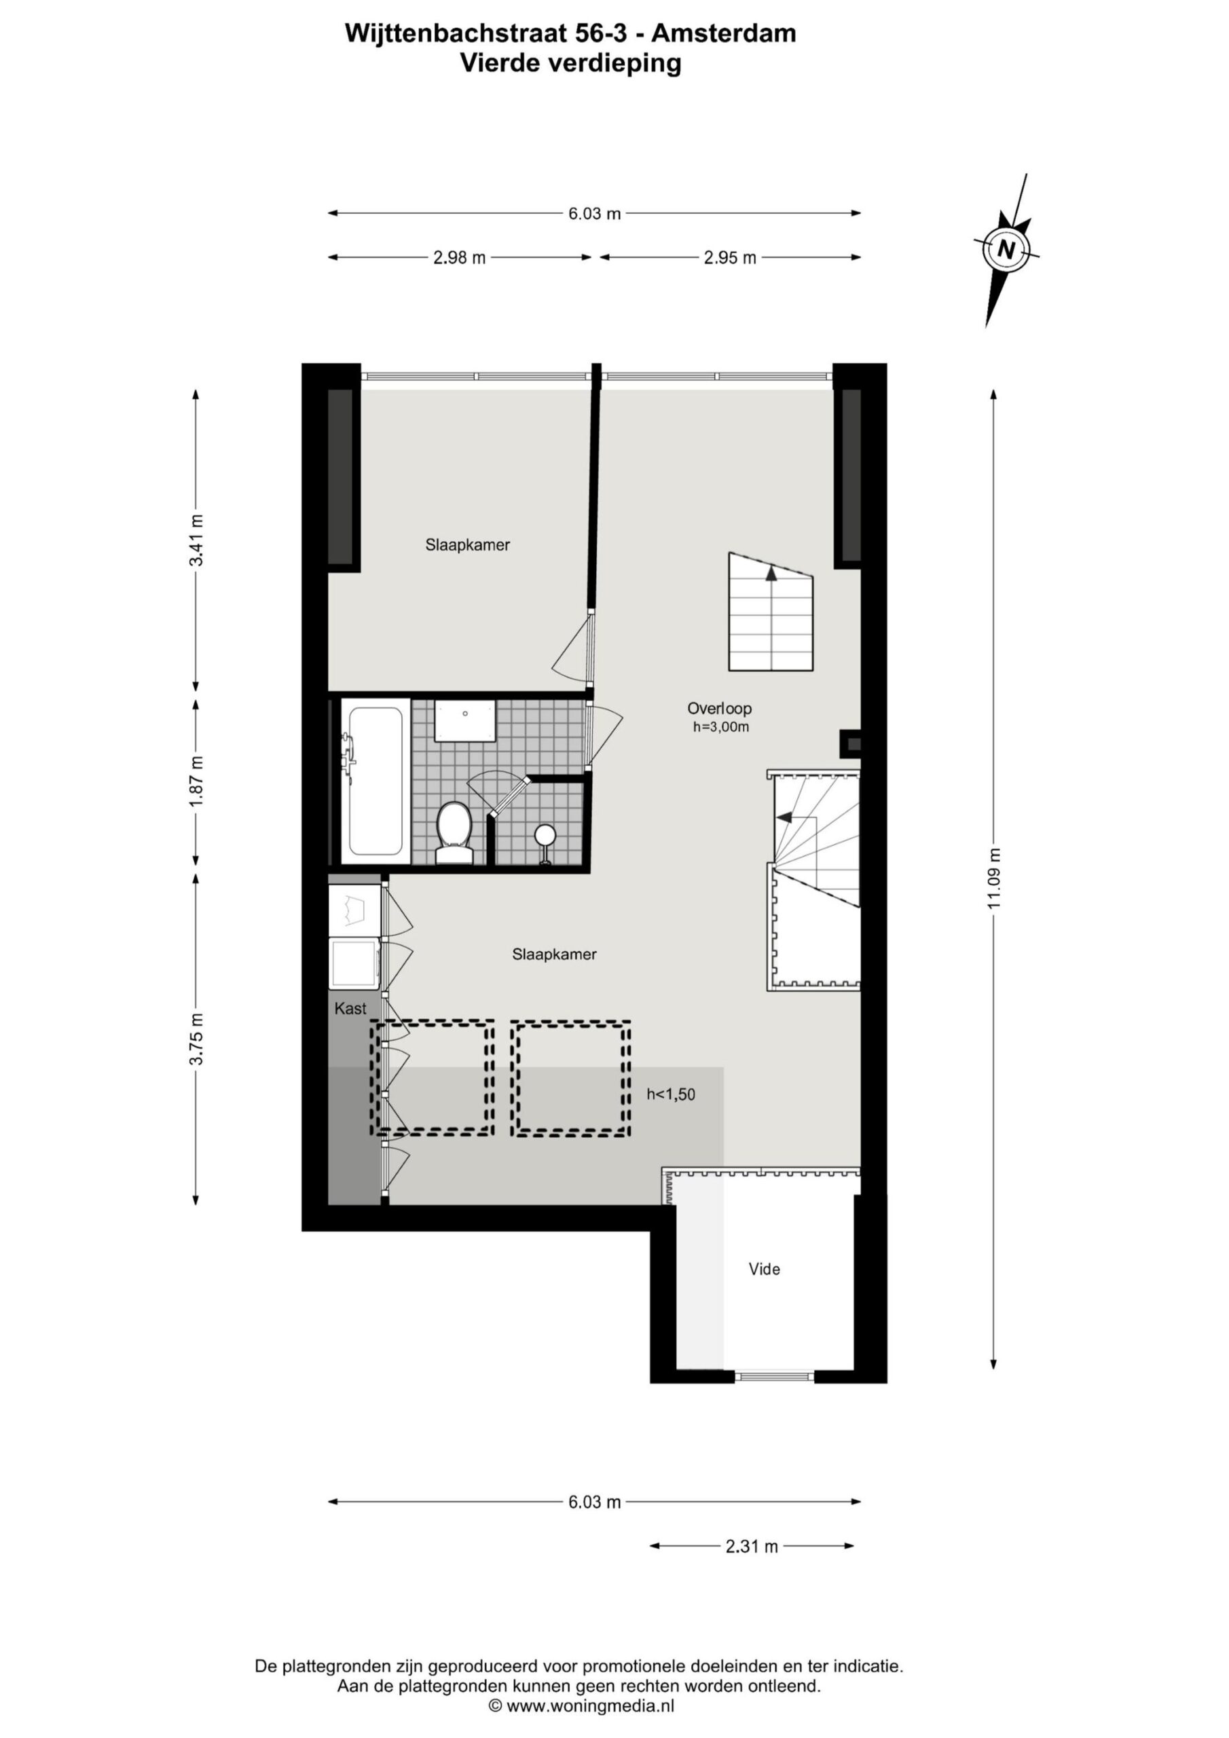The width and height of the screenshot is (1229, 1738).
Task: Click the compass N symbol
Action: coord(1006,249)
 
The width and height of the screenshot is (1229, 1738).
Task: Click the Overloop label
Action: coord(719,709)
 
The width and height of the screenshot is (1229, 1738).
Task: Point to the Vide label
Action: coord(764,1270)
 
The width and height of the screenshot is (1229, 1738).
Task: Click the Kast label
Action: coord(350,1008)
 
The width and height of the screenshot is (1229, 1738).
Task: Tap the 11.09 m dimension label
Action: coord(994,877)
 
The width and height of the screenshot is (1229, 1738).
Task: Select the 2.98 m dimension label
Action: coord(459,258)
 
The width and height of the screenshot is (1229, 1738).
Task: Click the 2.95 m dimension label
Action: coord(730,258)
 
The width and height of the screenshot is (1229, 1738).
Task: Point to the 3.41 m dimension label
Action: coord(197,540)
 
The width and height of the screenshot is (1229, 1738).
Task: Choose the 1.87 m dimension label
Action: coord(197,781)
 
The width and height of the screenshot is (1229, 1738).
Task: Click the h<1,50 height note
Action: coord(671,1094)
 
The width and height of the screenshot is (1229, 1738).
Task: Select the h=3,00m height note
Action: coord(721,727)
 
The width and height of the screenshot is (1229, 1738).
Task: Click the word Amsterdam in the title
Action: coord(724,33)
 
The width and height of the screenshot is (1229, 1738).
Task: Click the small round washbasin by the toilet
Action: coord(545,834)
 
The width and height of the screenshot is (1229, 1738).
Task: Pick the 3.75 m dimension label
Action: coord(197,1039)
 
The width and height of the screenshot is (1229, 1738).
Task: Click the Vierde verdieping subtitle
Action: coord(571,64)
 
